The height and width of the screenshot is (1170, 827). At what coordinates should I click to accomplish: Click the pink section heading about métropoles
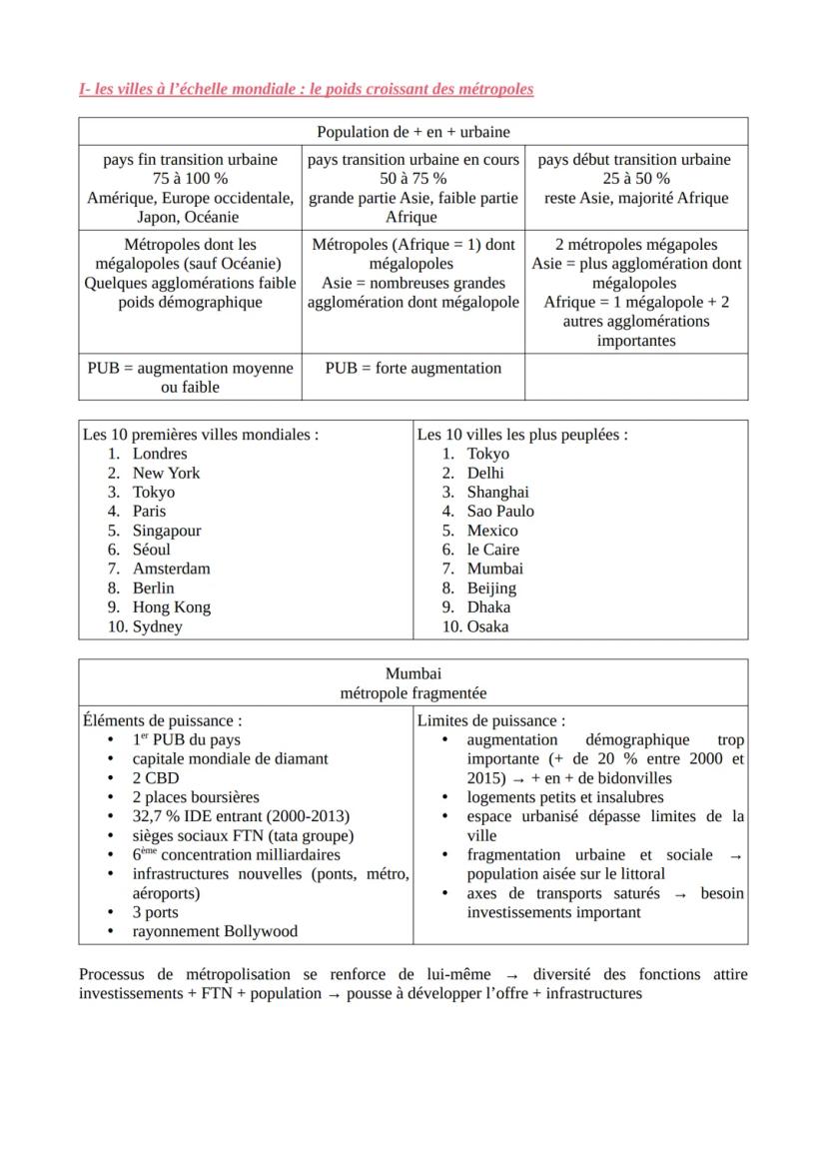(306, 89)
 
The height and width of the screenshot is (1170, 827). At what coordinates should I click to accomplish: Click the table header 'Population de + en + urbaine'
(413, 132)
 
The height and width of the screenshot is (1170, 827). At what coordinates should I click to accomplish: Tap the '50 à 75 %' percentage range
(413, 178)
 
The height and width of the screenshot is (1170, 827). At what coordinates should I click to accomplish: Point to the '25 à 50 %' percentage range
(636, 178)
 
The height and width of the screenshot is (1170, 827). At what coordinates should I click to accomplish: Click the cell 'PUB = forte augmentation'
(413, 368)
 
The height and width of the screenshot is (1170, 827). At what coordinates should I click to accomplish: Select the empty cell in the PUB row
(636, 377)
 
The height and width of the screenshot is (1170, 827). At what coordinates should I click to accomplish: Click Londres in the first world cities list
(160, 454)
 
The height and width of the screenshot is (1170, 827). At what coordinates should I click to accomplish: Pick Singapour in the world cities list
(167, 531)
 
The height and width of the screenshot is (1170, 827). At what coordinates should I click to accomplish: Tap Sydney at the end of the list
(158, 626)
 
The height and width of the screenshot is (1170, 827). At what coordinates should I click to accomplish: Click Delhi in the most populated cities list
(485, 473)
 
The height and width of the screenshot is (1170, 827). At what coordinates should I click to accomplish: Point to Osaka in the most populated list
(487, 626)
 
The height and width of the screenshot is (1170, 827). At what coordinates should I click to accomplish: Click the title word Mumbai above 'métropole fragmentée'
(413, 674)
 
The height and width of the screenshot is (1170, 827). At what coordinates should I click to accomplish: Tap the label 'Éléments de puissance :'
(163, 719)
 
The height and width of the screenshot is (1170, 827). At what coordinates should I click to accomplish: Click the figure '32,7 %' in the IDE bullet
(155, 816)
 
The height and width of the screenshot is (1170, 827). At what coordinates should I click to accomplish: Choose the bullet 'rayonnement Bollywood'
(215, 931)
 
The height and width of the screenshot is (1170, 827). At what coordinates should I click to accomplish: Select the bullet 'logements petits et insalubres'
(564, 797)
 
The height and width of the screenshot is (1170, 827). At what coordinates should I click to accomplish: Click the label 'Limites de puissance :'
(490, 719)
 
